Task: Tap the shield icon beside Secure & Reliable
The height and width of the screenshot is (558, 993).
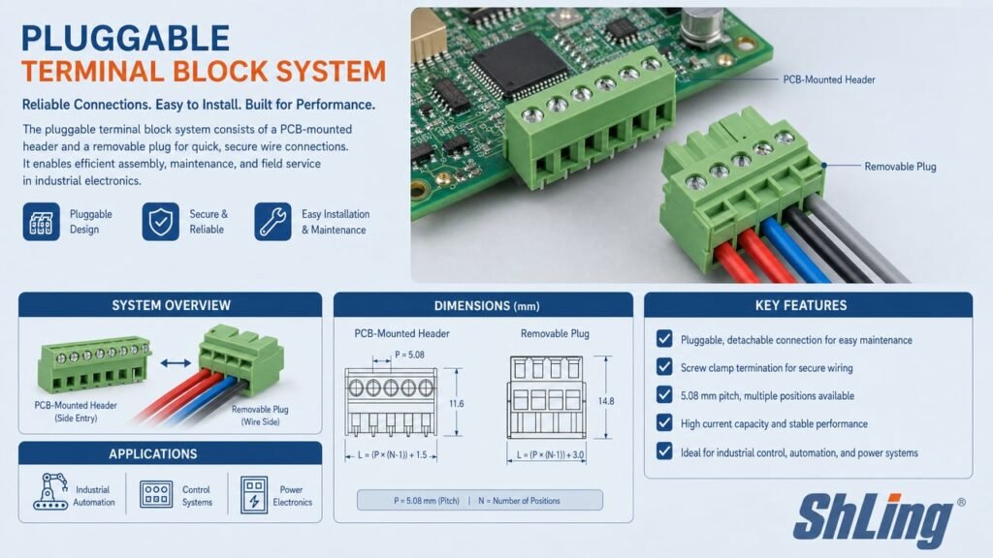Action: pyautogui.click(x=160, y=222)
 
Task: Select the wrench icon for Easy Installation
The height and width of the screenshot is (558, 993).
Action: pyautogui.click(x=272, y=222)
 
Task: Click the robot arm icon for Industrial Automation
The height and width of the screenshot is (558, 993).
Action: pyautogui.click(x=50, y=491)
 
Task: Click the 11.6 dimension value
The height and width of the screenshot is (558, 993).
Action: pyautogui.click(x=456, y=404)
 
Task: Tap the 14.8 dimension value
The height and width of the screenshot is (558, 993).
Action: pyautogui.click(x=605, y=401)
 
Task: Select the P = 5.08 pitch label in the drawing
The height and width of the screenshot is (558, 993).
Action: pyautogui.click(x=409, y=355)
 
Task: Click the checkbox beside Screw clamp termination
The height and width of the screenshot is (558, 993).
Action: pyautogui.click(x=664, y=367)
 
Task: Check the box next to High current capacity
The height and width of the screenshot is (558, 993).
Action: pyautogui.click(x=664, y=422)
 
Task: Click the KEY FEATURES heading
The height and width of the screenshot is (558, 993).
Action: pyautogui.click(x=800, y=305)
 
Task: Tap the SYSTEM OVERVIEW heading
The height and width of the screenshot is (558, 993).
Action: pyautogui.click(x=171, y=305)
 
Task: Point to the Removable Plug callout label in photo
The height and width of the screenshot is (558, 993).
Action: pyautogui.click(x=900, y=167)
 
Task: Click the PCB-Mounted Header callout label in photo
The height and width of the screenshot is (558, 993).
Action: pyautogui.click(x=829, y=79)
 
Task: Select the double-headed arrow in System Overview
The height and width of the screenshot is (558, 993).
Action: pyautogui.click(x=176, y=363)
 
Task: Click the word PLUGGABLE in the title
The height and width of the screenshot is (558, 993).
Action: pyautogui.click(x=125, y=38)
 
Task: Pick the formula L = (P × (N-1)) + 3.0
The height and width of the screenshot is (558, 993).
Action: pyautogui.click(x=551, y=455)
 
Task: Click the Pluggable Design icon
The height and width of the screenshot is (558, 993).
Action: pyautogui.click(x=41, y=222)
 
